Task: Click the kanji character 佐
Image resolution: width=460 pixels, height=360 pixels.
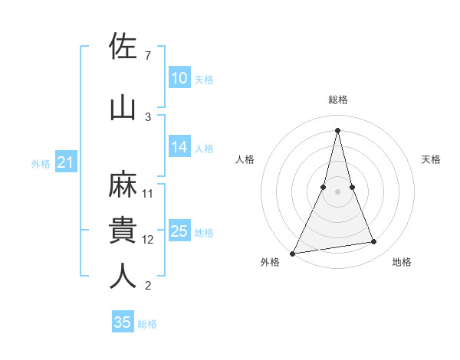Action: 123,46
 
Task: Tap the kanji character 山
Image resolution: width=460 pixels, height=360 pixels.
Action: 123,106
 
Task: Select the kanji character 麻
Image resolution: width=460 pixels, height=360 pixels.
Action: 123,183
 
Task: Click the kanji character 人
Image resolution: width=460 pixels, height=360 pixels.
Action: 123,276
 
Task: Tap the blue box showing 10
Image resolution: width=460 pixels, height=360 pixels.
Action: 179,78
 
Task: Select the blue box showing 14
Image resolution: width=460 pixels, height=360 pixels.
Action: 179,148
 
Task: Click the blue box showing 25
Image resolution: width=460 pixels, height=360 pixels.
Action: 179,231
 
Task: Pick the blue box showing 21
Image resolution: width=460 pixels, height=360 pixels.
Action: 65,162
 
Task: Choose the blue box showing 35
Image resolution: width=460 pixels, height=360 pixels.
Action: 123,322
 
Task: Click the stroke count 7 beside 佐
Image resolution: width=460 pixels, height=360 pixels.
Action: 148,56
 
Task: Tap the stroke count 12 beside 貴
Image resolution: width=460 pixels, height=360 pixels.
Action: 148,240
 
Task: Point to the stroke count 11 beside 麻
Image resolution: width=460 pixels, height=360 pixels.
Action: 148,193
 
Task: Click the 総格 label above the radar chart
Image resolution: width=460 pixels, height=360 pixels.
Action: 337,100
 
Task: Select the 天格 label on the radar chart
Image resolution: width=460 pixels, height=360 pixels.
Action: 432,159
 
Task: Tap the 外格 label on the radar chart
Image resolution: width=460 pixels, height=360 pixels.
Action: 270,262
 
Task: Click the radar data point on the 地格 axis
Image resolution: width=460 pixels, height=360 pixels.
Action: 374,242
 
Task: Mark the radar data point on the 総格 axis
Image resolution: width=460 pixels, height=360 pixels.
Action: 337,129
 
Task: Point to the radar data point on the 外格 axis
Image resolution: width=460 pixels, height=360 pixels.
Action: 293,253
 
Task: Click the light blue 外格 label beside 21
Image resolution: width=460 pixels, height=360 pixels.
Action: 41,163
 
